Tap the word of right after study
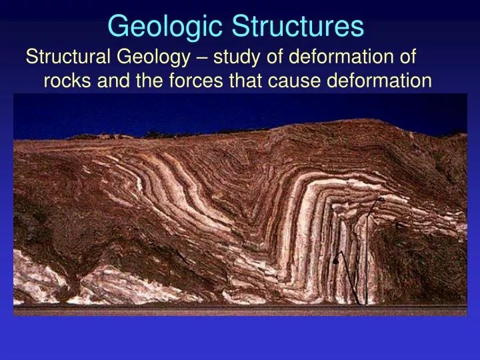267,58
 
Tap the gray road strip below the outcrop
240,311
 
